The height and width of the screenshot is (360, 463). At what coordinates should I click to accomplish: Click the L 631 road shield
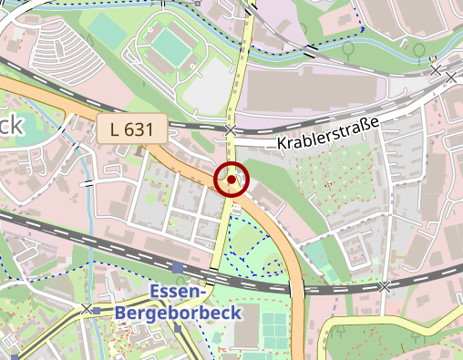point(130,129)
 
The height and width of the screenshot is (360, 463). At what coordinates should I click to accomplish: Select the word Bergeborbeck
point(178,314)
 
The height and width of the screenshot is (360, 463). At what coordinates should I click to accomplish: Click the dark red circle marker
point(231,180)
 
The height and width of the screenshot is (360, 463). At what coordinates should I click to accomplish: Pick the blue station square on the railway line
point(177,267)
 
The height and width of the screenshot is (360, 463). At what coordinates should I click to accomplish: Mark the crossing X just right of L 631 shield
point(231,129)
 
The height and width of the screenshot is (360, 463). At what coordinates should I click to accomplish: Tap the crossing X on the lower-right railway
point(385,286)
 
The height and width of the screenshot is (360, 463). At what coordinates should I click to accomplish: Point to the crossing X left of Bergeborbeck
point(87,310)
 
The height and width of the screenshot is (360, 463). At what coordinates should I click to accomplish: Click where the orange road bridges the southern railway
point(296,290)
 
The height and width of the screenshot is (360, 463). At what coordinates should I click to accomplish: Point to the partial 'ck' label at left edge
point(11,126)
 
